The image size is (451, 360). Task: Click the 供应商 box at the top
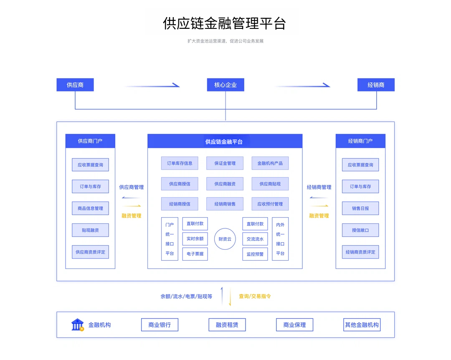click(x=75, y=85)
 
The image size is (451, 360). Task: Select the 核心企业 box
click(x=225, y=85)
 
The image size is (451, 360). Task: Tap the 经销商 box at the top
click(x=376, y=85)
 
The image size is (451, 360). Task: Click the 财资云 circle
click(x=225, y=239)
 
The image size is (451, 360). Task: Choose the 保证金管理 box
click(x=225, y=163)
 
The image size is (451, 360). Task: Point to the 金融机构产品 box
click(x=270, y=163)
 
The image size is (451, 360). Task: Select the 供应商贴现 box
click(x=270, y=184)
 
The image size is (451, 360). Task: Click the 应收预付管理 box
click(x=270, y=204)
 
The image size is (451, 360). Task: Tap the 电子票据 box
click(x=195, y=254)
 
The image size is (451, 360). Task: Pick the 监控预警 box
click(x=255, y=254)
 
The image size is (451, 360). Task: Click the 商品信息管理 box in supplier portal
click(x=90, y=208)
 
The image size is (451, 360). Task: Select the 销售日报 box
click(x=360, y=208)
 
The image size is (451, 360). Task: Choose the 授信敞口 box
click(x=360, y=230)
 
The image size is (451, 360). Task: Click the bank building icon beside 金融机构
click(x=77, y=325)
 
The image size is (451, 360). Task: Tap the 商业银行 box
click(x=160, y=325)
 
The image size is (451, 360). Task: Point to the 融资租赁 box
click(x=227, y=325)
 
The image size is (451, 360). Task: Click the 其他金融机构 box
click(x=362, y=325)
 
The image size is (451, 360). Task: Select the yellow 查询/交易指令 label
click(x=255, y=296)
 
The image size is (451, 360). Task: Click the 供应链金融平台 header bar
click(x=225, y=141)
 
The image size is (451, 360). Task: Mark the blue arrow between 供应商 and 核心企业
click(x=152, y=86)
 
